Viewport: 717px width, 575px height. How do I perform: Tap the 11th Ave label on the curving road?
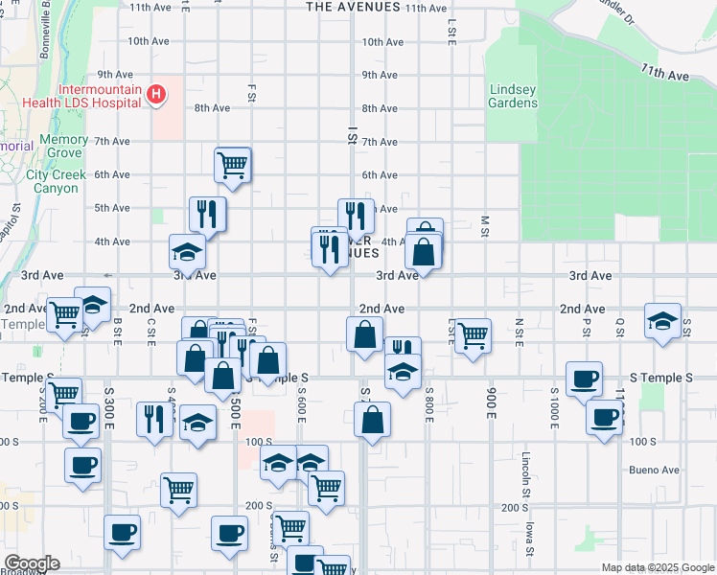(666, 73)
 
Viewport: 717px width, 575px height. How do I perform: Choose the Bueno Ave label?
(656, 470)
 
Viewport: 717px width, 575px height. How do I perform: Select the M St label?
(486, 224)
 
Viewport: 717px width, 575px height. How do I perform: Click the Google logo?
(31, 563)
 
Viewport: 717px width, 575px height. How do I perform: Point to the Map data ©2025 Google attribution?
(657, 567)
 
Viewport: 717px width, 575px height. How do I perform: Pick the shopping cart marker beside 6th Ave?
(233, 166)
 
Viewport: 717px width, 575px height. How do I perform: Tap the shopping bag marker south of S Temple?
(372, 420)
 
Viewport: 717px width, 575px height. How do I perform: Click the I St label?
(353, 137)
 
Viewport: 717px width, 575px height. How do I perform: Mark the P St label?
(586, 326)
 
